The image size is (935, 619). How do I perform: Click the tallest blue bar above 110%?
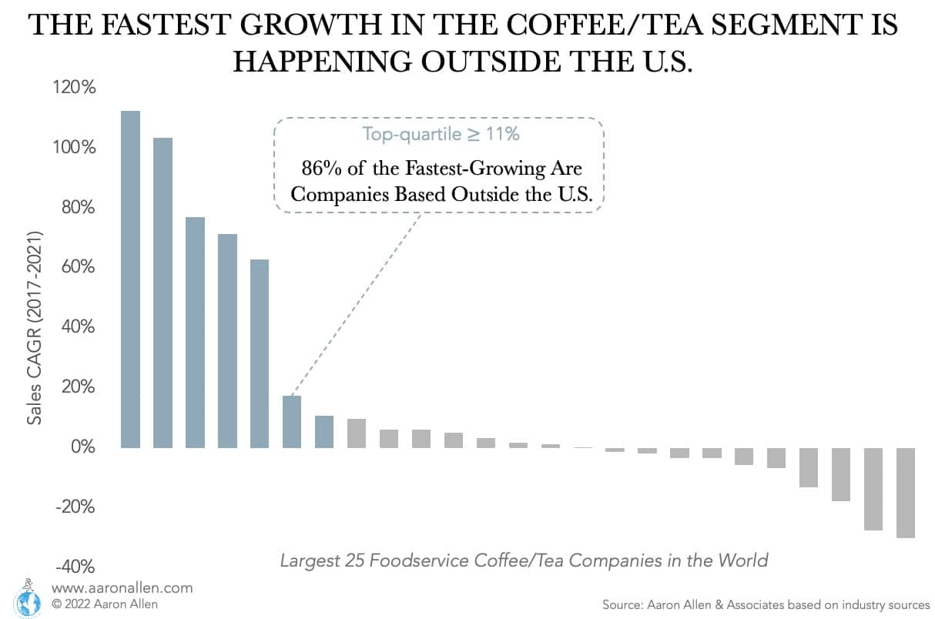(130, 279)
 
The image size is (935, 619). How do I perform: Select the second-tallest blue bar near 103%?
(163, 293)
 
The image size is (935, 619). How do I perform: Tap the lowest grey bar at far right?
(905, 493)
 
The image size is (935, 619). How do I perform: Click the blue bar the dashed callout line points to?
(292, 421)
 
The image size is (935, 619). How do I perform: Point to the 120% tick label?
(75, 88)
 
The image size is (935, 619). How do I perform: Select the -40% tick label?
(75, 567)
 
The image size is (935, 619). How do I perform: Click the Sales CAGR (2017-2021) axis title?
(35, 326)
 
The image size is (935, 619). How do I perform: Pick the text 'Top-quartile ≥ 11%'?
(441, 134)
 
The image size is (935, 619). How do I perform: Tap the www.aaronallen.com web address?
(122, 587)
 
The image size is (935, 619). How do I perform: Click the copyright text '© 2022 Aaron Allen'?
(104, 604)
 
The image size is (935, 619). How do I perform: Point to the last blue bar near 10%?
(324, 431)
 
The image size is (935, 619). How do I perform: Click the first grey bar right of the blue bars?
(357, 433)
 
